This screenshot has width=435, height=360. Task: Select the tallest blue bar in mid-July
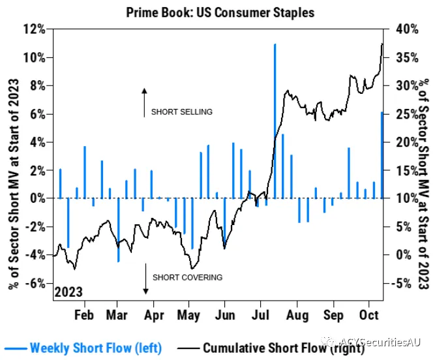(275, 121)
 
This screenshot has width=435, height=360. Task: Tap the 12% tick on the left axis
(33, 29)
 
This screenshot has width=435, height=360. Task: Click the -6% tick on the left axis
(33, 283)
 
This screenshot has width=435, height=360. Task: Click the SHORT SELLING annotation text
(182, 112)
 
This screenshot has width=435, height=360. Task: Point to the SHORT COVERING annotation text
(187, 277)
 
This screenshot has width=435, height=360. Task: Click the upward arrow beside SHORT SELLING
(144, 102)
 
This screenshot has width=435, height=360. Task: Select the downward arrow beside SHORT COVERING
(144, 280)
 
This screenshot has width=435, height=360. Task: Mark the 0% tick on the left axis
(36, 198)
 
